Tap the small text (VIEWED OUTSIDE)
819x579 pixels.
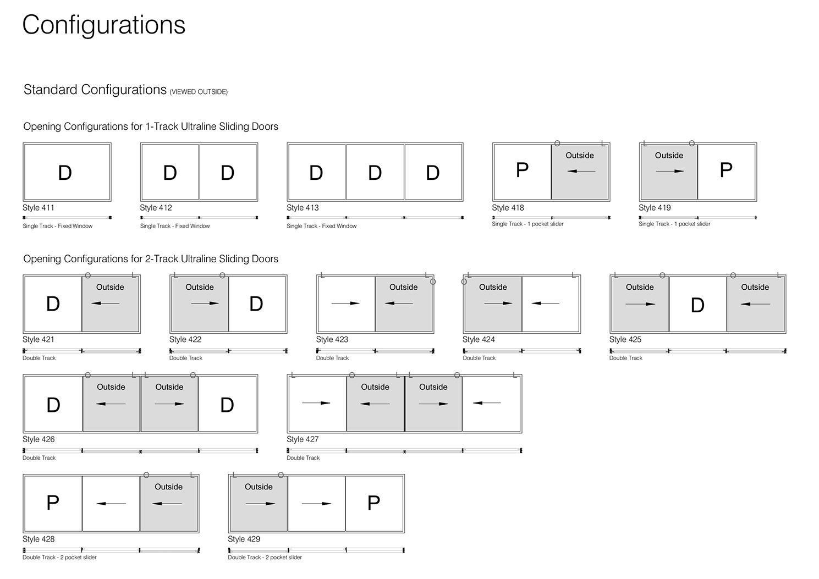pyautogui.click(x=199, y=92)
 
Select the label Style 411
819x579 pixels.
pyautogui.click(x=39, y=208)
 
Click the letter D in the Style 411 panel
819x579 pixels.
pyautogui.click(x=65, y=173)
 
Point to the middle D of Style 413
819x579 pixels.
pyautogui.click(x=375, y=173)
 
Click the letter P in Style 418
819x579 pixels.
pyautogui.click(x=522, y=170)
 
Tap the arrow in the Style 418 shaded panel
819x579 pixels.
pyautogui.click(x=581, y=171)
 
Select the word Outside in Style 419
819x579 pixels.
pyautogui.click(x=669, y=156)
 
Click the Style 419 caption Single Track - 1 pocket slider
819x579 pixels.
pyautogui.click(x=674, y=224)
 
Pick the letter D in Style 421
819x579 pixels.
pyautogui.click(x=53, y=304)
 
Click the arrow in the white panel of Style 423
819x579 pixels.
pyautogui.click(x=345, y=303)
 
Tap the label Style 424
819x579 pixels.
pyautogui.click(x=479, y=340)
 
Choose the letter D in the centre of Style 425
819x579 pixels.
pyautogui.click(x=697, y=306)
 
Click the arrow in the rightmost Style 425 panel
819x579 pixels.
pyautogui.click(x=755, y=304)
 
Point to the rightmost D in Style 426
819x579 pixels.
pyautogui.click(x=227, y=405)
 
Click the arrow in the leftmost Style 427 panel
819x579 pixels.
pyautogui.click(x=316, y=403)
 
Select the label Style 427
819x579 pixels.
pyautogui.click(x=303, y=439)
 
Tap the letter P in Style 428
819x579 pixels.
pyautogui.click(x=53, y=503)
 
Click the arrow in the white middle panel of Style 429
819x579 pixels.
pyautogui.click(x=317, y=504)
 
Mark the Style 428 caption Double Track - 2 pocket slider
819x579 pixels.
pyautogui.click(x=59, y=558)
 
